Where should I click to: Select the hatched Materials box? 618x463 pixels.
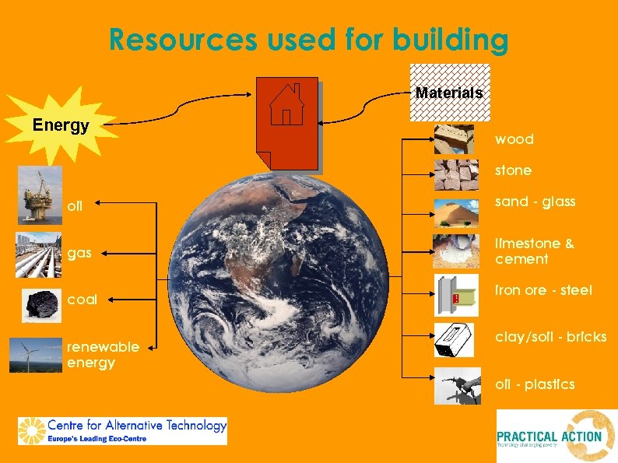pos(449,93)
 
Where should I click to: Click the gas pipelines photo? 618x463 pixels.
pos(37,254)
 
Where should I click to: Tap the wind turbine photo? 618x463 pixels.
pos(34,355)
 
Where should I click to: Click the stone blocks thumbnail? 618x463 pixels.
pos(456,174)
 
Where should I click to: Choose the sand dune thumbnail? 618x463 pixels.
pos(456,208)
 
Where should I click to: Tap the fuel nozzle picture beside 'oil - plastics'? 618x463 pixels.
pos(456,386)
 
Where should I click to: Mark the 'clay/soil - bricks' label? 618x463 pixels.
pos(550,337)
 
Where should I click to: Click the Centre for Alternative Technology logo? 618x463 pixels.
pos(122,430)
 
